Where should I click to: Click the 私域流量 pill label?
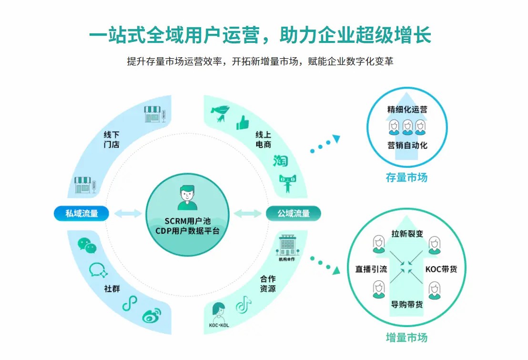point(81,213)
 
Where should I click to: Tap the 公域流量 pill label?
point(294,213)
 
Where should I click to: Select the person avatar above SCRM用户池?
point(187,198)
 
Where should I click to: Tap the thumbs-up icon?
point(243,123)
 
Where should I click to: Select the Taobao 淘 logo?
point(281,161)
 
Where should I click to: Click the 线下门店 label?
point(112,139)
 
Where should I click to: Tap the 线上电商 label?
point(263,139)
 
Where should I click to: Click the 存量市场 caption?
point(406,177)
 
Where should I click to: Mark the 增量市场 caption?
point(406,338)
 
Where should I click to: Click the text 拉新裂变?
point(407,234)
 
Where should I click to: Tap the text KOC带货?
point(441,269)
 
